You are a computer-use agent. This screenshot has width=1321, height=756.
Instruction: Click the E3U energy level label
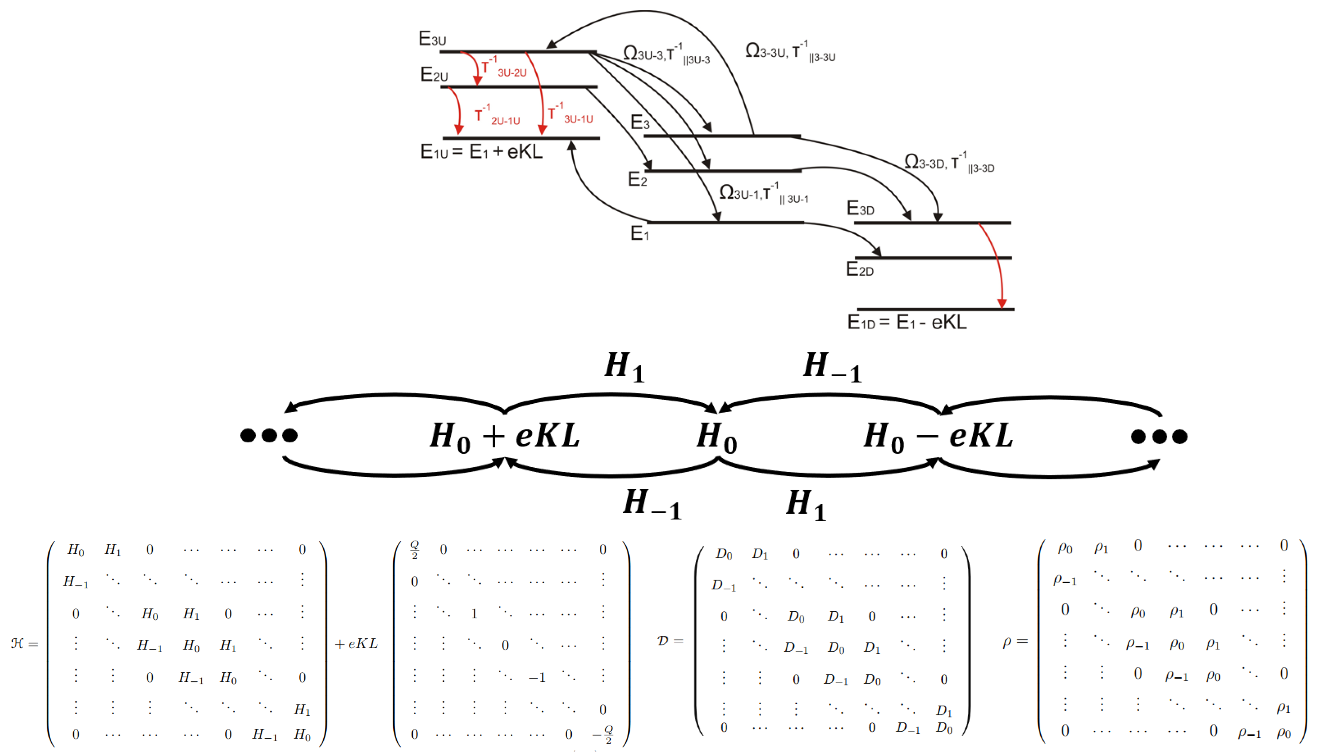tap(432, 39)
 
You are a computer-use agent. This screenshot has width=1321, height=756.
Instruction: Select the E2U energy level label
tap(434, 75)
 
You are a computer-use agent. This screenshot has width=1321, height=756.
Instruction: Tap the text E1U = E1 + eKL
tap(481, 152)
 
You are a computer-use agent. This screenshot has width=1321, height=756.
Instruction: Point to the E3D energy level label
tap(860, 208)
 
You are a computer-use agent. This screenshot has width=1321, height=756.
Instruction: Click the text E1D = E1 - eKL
tap(907, 322)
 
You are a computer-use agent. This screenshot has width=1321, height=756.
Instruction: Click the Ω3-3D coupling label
tap(948, 162)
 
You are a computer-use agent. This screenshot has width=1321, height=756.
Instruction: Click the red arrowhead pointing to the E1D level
tap(1002, 303)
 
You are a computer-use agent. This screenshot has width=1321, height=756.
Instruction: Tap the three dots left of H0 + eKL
tap(269, 435)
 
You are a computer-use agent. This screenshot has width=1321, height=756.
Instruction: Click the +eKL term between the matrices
tap(356, 644)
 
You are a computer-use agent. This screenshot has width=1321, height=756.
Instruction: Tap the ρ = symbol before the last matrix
tap(1014, 642)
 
